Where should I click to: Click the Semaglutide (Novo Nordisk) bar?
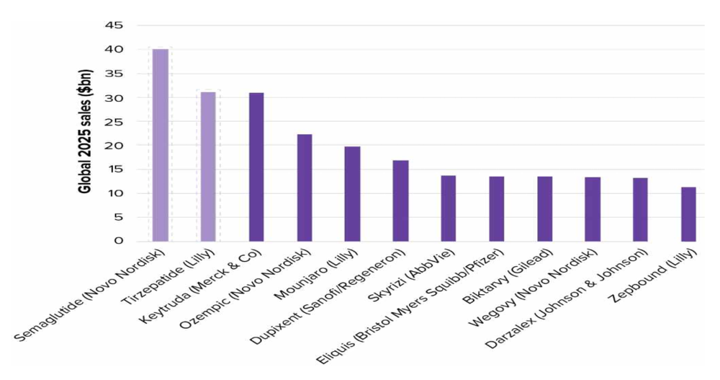pos(160,145)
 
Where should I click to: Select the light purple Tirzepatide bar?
pos(208,167)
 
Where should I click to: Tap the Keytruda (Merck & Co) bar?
pos(256,167)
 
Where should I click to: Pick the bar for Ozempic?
pos(305,187)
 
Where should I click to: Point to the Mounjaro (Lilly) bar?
pos(352,193)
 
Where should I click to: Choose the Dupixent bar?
pos(400,200)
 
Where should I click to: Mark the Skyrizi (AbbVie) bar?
pos(449,208)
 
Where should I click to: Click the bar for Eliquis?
pos(497,208)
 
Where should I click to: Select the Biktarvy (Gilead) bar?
pos(544,208)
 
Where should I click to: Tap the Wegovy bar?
pos(593,209)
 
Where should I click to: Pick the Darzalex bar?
pos(641,209)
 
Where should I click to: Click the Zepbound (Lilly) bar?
pos(688,214)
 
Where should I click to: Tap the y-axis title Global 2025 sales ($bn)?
pos(84,133)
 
